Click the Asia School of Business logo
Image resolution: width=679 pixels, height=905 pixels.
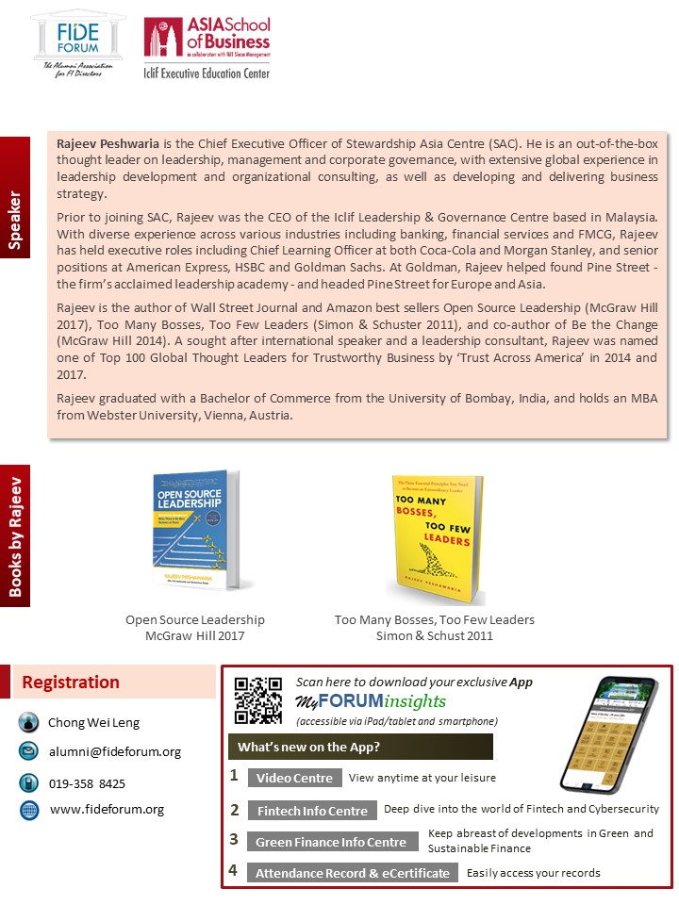[207, 47]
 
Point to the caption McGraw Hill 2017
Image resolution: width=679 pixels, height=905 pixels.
[195, 636]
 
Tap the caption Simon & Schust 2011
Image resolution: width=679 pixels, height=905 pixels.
[435, 636]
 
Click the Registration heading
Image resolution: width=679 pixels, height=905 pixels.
[71, 683]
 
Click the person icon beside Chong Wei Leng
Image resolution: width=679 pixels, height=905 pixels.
[28, 723]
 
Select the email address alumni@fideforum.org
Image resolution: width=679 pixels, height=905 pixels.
[114, 752]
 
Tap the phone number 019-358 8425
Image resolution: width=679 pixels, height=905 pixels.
[88, 783]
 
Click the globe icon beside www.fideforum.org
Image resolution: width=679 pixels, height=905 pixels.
[28, 810]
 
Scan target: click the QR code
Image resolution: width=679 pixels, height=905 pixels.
[257, 700]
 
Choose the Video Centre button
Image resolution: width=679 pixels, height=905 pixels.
[294, 779]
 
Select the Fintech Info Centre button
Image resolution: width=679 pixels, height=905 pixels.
[312, 811]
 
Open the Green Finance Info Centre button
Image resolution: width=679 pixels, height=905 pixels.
[330, 842]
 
